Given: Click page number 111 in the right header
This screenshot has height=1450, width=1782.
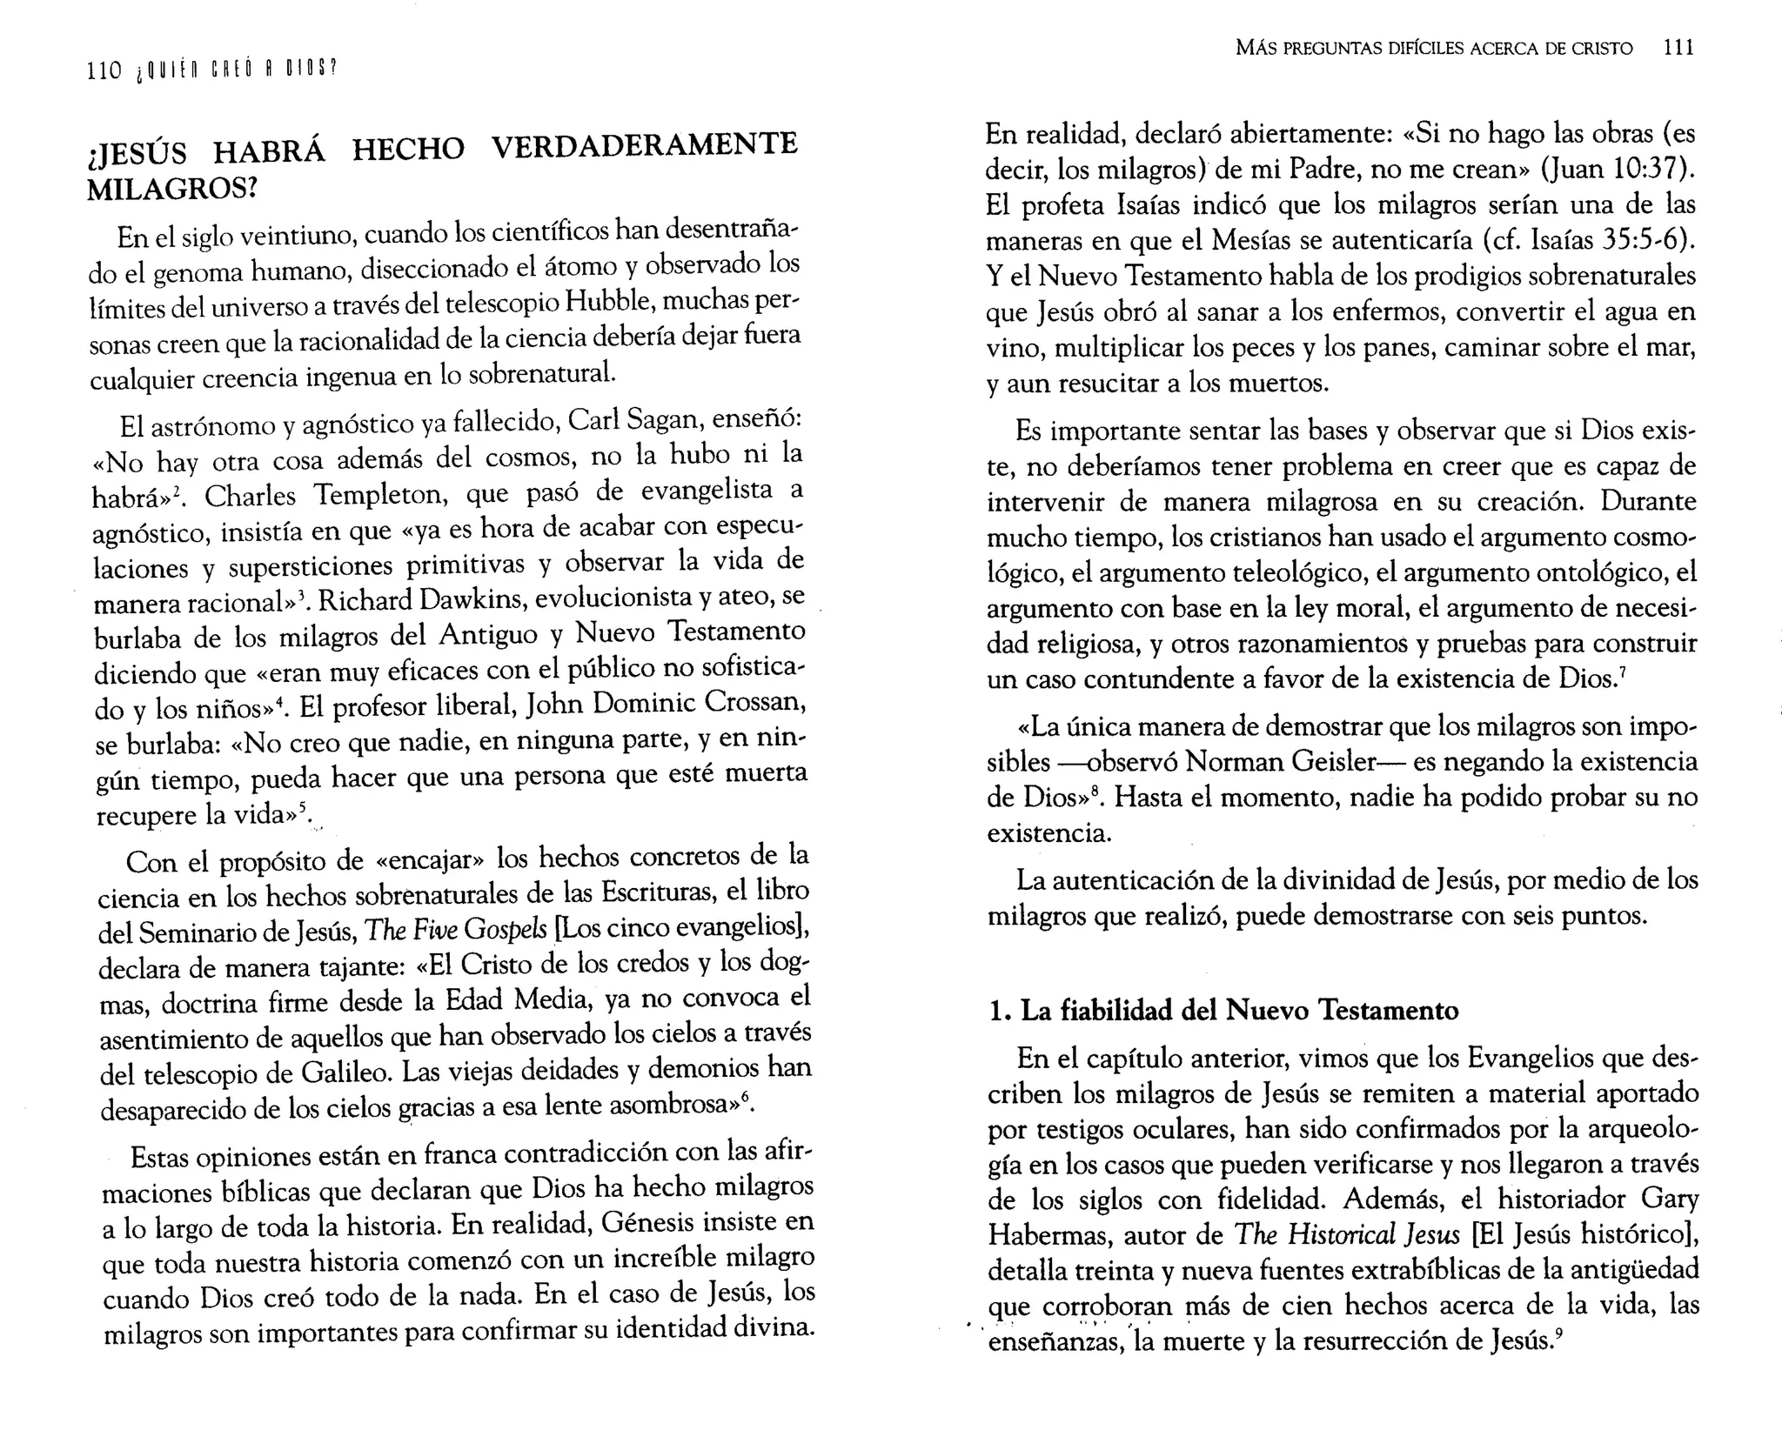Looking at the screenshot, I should click(1678, 48).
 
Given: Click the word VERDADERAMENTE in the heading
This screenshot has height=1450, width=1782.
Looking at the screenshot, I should click(644, 144).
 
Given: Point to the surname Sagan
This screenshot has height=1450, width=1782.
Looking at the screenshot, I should click(658, 421).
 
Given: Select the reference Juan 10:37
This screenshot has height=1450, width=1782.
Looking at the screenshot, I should click(1614, 169).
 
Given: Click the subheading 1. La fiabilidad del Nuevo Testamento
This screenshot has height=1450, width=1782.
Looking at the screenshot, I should click(1223, 1011).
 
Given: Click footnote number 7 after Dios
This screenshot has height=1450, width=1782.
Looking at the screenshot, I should click(1624, 671).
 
